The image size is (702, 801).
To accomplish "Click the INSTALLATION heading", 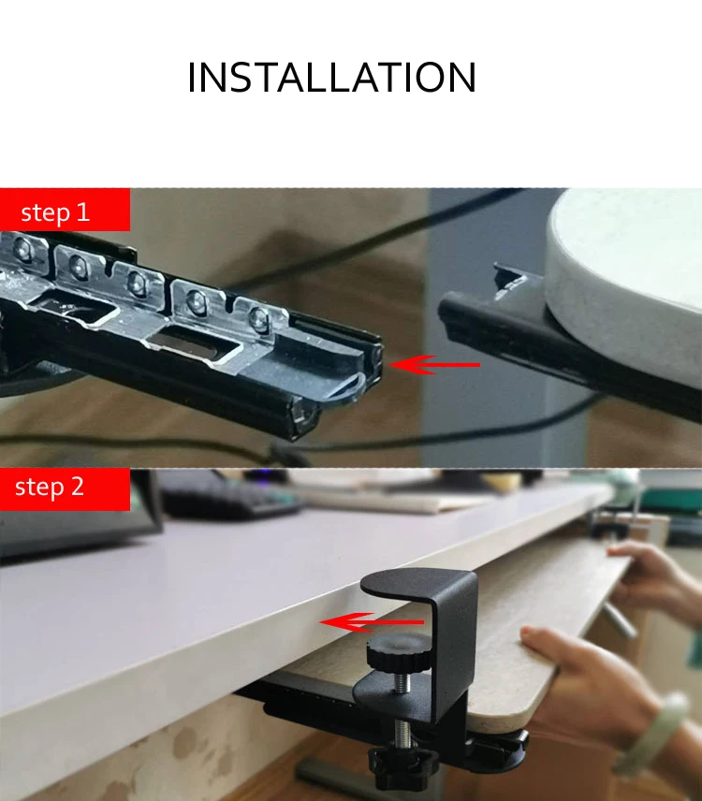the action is click(x=332, y=77).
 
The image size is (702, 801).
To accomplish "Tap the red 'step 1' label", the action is click(x=65, y=210).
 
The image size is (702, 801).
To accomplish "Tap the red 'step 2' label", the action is click(x=65, y=489).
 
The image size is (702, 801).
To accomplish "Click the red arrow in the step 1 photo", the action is click(x=435, y=365).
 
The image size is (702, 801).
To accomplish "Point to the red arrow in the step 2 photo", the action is click(x=372, y=622).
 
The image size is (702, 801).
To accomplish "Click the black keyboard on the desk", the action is click(x=230, y=497).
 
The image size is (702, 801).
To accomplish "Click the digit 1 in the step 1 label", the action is click(x=82, y=211).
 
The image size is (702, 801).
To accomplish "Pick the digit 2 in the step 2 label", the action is click(x=77, y=487).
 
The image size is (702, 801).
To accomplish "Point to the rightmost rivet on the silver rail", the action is click(x=259, y=318).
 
